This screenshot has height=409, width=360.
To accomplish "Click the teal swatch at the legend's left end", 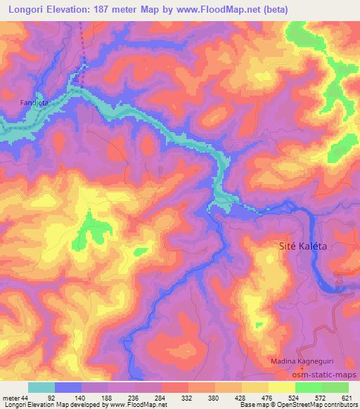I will click(x=41, y=387).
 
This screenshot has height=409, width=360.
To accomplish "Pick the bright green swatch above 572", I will click(x=309, y=387).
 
